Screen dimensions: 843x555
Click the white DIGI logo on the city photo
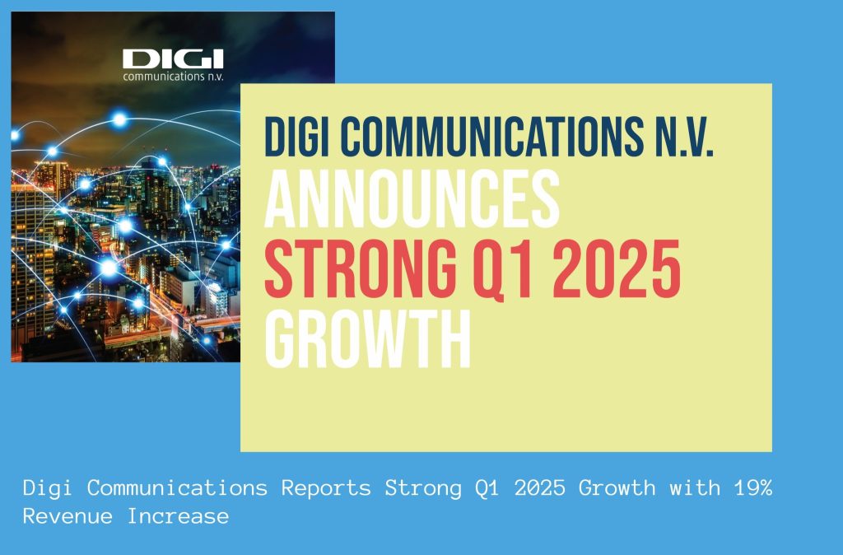[x=173, y=58]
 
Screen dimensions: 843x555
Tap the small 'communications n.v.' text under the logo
[x=173, y=77]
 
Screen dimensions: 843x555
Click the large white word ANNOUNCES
[x=412, y=198]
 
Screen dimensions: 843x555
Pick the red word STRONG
[x=361, y=268]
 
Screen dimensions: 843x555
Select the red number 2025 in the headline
[x=616, y=268]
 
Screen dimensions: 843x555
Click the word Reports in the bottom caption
[x=326, y=488]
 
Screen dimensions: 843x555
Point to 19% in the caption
[x=752, y=487]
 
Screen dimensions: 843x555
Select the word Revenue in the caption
[x=68, y=516]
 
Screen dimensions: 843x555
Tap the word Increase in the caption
[x=178, y=516]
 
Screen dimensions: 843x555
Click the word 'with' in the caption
[x=695, y=487]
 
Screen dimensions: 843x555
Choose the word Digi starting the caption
[x=49, y=488]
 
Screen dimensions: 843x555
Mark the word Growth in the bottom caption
[x=617, y=487]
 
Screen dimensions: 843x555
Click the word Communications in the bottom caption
[x=178, y=487]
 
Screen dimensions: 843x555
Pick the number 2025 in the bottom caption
[x=540, y=487]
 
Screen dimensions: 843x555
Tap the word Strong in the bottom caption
[x=423, y=488]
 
